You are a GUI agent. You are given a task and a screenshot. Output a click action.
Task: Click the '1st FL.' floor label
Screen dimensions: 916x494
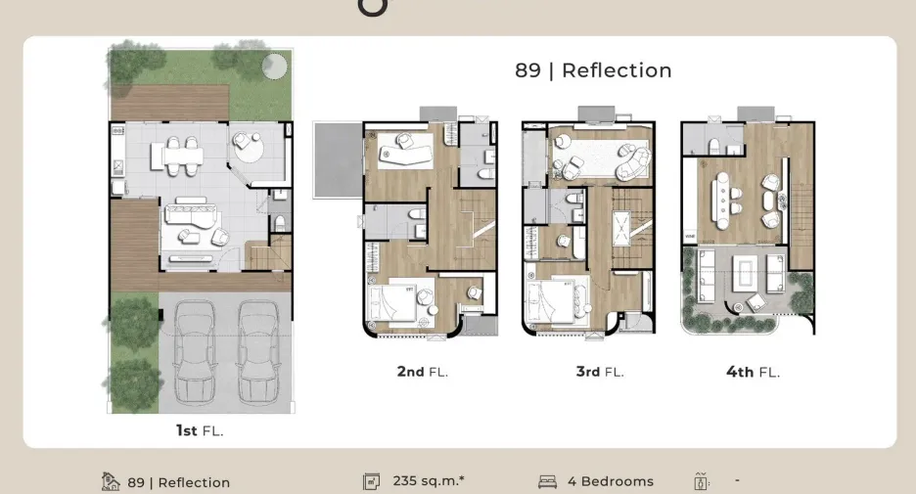(x=200, y=431)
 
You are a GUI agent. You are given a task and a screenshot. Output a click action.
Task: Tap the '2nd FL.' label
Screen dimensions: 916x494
(x=423, y=372)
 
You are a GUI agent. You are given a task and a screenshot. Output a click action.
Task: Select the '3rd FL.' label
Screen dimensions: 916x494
(x=600, y=372)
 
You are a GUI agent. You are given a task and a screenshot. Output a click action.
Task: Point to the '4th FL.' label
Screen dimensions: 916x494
(x=753, y=372)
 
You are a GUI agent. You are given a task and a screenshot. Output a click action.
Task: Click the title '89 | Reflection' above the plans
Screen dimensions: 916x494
(x=593, y=70)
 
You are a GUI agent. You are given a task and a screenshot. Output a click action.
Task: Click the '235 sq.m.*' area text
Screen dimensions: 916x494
(x=429, y=481)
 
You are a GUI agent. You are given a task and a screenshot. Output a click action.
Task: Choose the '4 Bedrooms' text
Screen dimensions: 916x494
(x=611, y=481)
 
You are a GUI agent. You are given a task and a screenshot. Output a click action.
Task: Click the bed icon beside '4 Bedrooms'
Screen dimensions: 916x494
(x=547, y=481)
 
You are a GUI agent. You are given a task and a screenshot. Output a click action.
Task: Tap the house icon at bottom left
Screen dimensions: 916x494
(x=110, y=481)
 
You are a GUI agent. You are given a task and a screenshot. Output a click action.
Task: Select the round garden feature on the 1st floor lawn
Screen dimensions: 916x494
(x=274, y=66)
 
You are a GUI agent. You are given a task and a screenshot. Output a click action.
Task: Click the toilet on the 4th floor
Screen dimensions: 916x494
(x=713, y=146)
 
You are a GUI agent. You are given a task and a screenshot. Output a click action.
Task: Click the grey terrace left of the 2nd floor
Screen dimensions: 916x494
(x=339, y=159)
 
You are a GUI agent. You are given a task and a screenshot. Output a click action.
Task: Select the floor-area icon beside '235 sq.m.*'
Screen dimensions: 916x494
(x=371, y=481)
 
